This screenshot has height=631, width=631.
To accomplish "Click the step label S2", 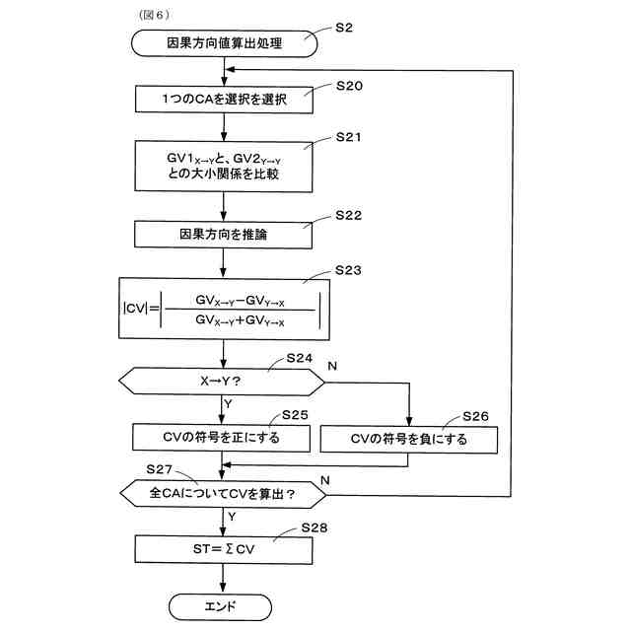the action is coord(344,28).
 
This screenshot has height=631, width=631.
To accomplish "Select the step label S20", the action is coord(349,86).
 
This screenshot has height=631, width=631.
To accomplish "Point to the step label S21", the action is coord(348,137).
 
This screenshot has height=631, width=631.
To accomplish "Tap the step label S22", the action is coord(348,215).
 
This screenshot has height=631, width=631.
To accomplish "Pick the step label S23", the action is coord(348,270).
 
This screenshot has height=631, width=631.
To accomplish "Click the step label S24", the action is coord(300,358).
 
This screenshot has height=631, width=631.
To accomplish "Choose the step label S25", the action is coord(295,415).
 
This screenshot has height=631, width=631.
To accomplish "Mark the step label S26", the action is coord(475,416).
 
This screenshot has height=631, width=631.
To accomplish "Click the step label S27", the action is coord(159,469).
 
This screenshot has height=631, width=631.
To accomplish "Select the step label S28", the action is coord(315,527).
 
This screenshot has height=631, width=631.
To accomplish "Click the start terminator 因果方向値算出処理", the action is coord(224,43).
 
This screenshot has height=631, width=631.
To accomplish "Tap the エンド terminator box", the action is coord(220,607).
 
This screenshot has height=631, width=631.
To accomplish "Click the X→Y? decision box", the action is coord(221,382).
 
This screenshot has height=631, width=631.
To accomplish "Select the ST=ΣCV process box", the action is coord(224,549).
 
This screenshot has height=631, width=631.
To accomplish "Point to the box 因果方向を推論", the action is coord(223,235).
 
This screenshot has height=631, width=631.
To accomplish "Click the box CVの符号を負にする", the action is coord(409,440).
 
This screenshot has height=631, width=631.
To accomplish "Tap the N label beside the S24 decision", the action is coord(332,366).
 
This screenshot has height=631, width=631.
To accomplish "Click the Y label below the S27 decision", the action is coord(232,517).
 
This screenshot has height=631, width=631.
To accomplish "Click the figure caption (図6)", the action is coord(154,15).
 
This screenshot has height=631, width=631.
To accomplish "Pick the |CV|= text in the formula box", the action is coord(141,309).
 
